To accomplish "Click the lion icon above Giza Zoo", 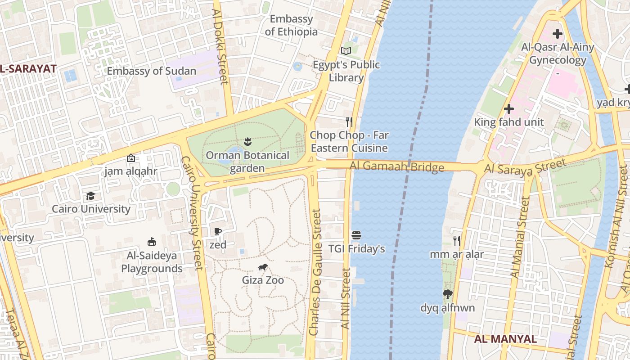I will tap(263, 267).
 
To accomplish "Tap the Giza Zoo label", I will tap(263, 280).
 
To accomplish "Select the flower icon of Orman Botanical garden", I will tap(247, 142).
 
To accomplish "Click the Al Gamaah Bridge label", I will tap(397, 167).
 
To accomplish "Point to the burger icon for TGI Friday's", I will tap(356, 235).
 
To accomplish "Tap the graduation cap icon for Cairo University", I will tap(90, 196).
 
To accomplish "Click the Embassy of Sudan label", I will tap(151, 71).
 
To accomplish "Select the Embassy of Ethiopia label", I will tap(291, 26).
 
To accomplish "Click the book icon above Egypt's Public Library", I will tap(346, 51).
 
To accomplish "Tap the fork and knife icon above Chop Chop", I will tap(349, 121).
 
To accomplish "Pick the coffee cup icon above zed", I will tap(218, 232).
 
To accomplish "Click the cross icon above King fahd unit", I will tap(509, 109).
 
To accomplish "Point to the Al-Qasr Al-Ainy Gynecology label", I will tap(558, 54).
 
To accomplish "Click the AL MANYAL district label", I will tap(506, 339).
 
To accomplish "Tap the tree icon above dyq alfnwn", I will tap(447, 295).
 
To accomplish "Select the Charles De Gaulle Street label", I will tap(316, 272).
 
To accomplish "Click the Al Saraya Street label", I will tap(525, 167).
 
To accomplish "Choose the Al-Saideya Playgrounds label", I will tap(152, 262).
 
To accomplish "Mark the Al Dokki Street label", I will tap(220, 47).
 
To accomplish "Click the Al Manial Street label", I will tap(519, 237).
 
